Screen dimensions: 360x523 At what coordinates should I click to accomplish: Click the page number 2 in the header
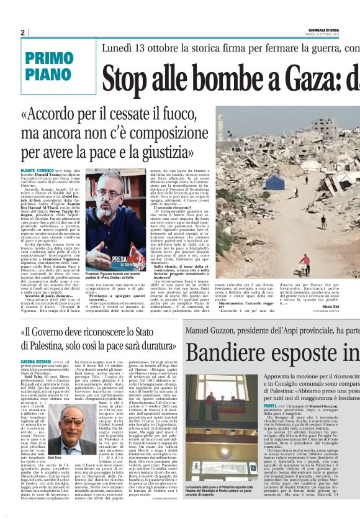pos(22,32)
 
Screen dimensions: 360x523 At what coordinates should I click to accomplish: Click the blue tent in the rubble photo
pos(275,182)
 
